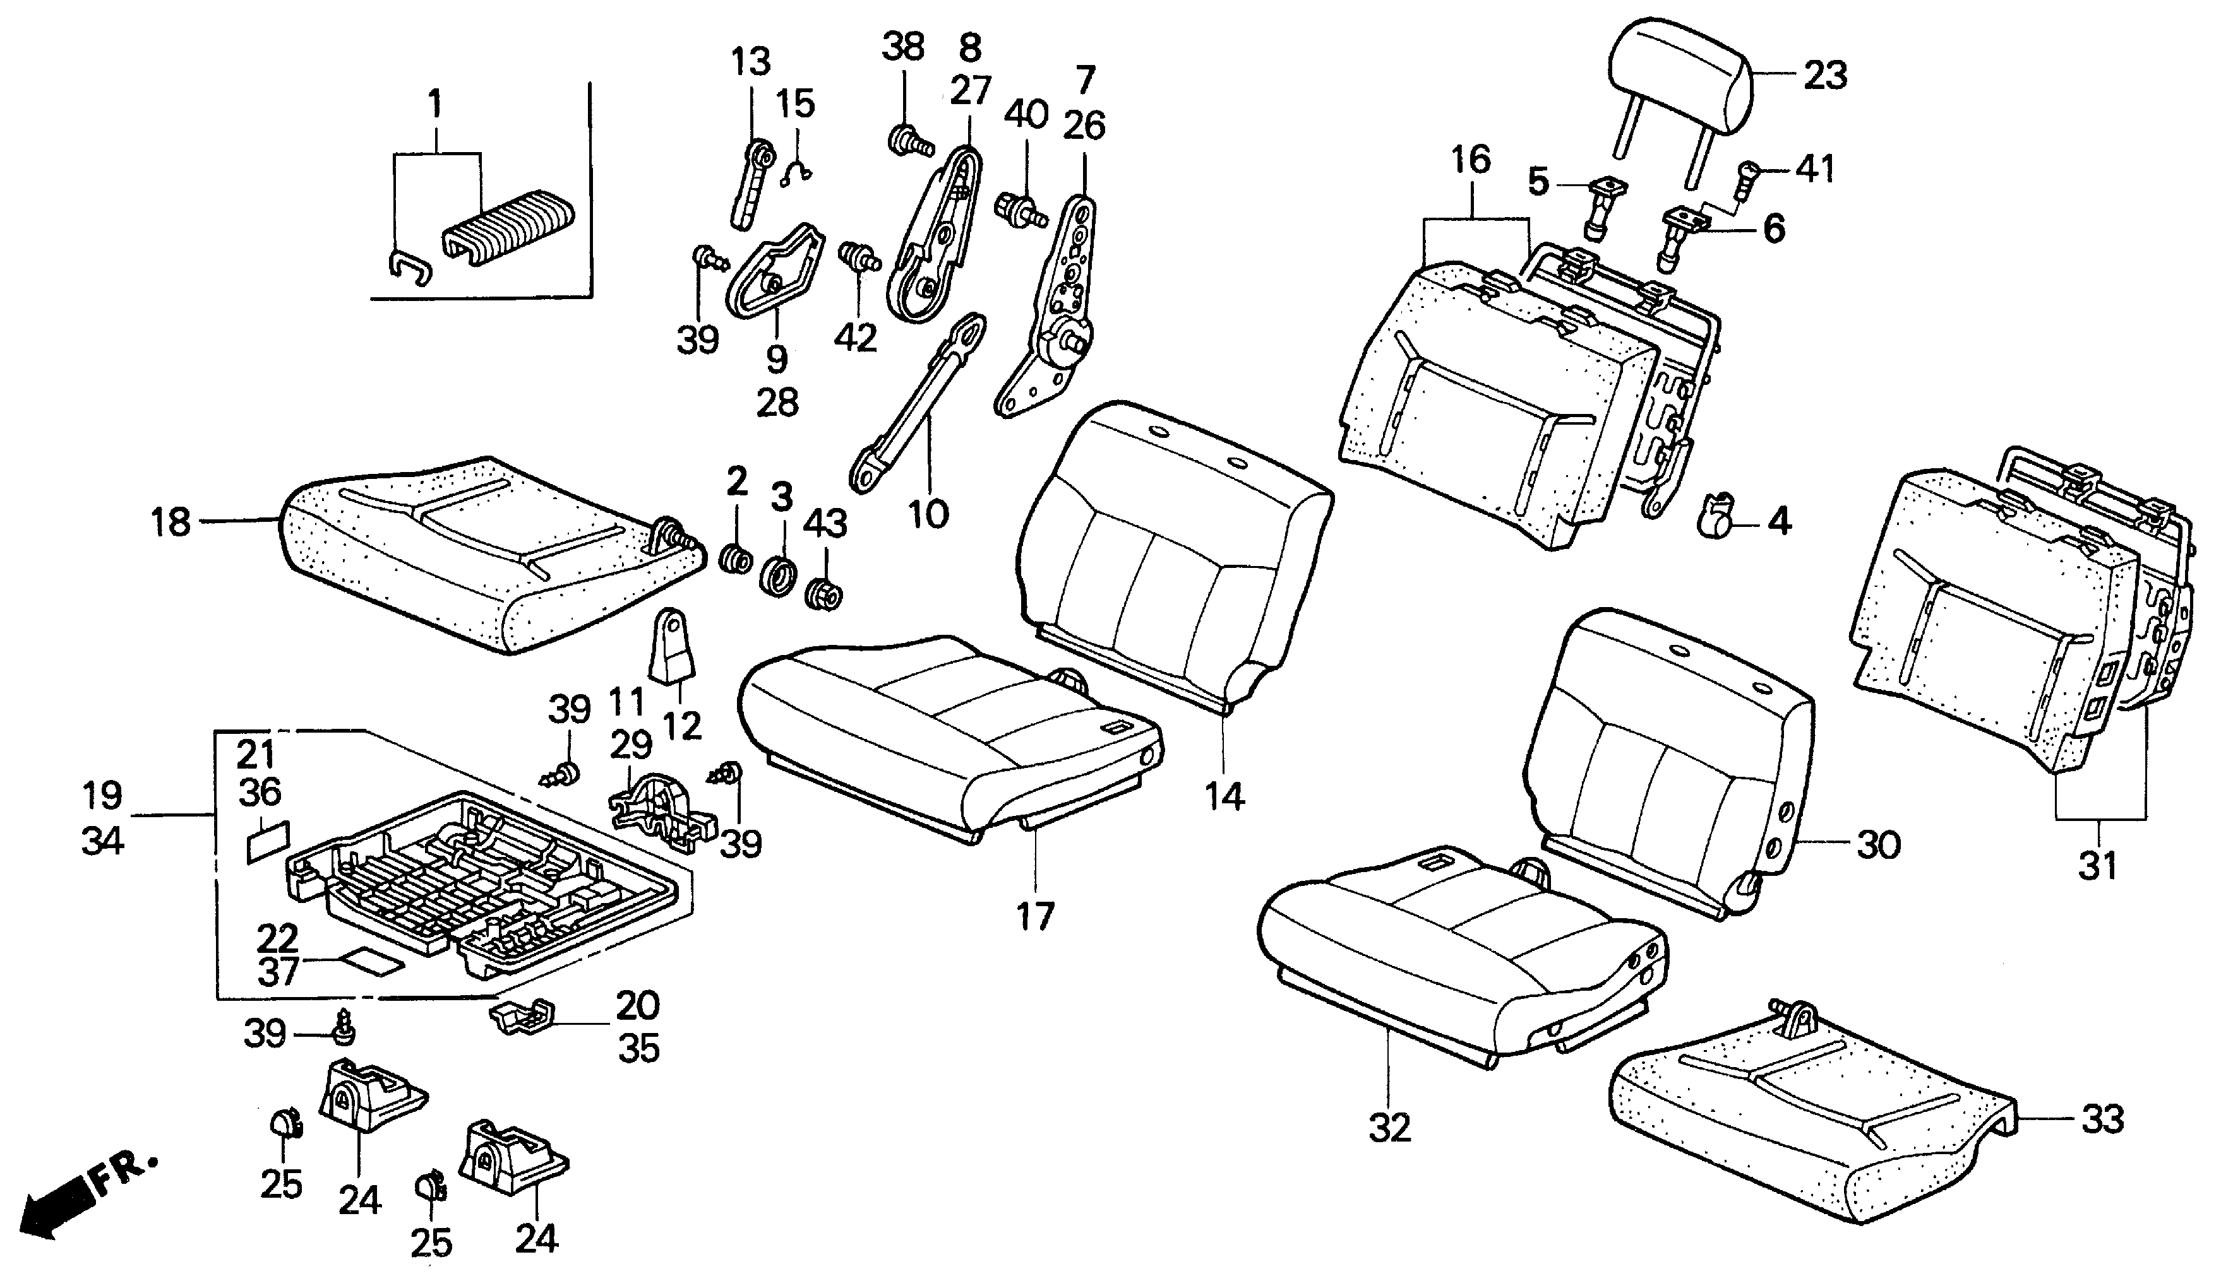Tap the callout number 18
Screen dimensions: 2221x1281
(x=171, y=522)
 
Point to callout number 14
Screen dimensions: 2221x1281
(x=1224, y=797)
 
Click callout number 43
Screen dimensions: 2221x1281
(x=825, y=524)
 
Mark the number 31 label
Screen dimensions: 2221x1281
(x=2098, y=866)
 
